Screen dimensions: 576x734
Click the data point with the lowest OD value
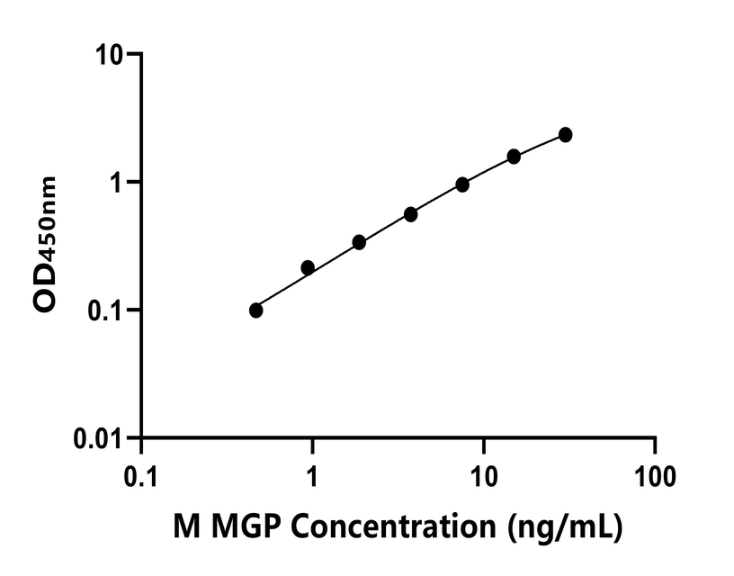click(256, 310)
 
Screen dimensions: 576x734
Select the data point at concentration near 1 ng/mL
click(308, 268)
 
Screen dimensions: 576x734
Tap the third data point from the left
click(359, 242)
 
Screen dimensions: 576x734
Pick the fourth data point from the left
click(410, 214)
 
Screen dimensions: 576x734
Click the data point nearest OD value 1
click(462, 184)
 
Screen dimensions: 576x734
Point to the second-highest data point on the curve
click(514, 157)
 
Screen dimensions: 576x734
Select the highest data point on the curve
click(565, 135)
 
